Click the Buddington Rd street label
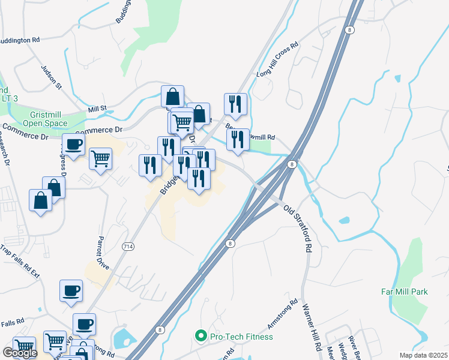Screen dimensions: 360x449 [x=20, y=40]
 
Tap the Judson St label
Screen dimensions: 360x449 [x=52, y=77]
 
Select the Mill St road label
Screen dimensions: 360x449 [x=97, y=109]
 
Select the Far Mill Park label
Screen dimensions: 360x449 [x=404, y=292]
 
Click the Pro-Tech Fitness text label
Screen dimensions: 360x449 [x=241, y=337]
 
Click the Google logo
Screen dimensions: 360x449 [x=20, y=353]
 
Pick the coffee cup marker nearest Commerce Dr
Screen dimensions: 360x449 [x=73, y=145]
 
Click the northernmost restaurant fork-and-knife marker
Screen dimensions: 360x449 [x=235, y=103]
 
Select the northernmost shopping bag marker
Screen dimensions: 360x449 [x=172, y=96]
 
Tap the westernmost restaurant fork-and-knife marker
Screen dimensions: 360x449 [x=149, y=165]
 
